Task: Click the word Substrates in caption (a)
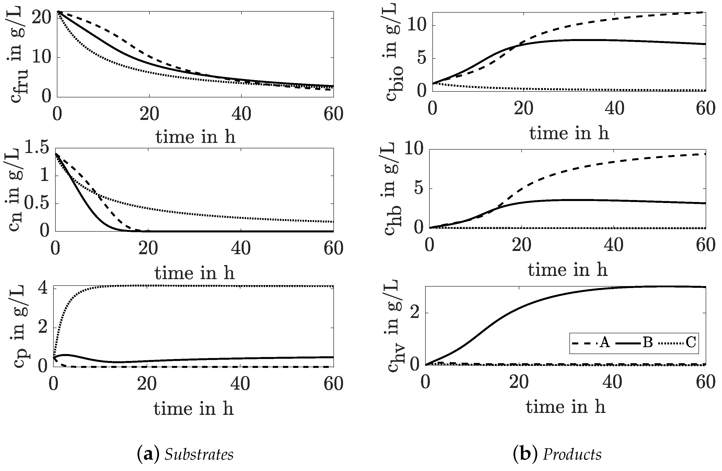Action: click(199, 455)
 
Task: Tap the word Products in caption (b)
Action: click(572, 455)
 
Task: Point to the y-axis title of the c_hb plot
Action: click(391, 188)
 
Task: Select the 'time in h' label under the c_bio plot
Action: click(569, 133)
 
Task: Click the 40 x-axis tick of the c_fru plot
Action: click(241, 114)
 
